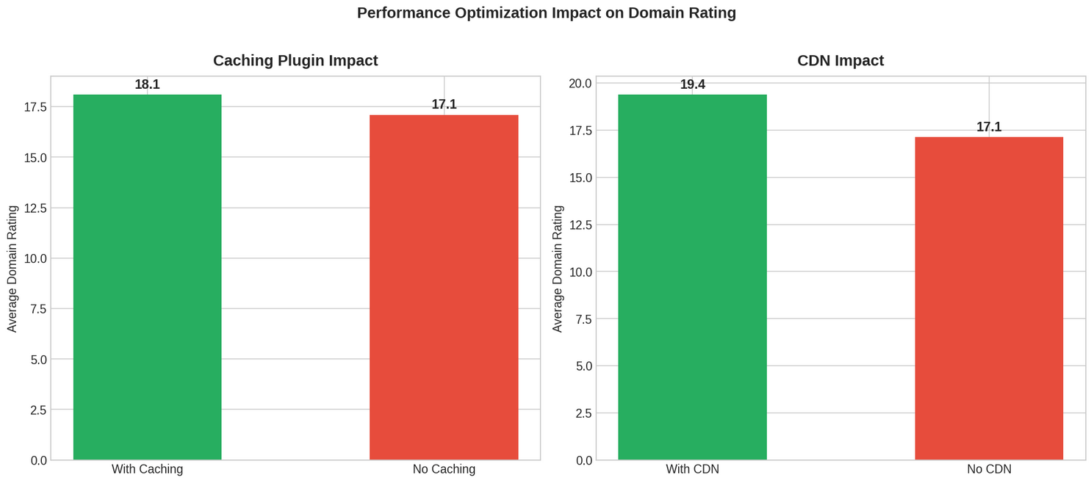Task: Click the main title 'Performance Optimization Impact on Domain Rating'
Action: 546,13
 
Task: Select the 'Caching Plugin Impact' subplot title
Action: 295,61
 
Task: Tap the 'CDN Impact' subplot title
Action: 840,61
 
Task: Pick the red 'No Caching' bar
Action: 444,287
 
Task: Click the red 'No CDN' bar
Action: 988,298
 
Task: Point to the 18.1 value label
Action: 147,84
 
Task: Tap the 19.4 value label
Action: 692,84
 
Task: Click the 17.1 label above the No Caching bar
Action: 444,104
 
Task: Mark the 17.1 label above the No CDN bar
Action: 988,127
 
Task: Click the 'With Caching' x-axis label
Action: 147,469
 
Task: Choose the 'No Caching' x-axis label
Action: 444,469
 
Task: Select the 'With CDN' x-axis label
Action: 692,469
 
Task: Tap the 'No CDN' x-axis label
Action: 988,469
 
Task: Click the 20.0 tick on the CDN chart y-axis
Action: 580,83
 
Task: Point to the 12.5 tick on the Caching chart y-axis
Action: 35,208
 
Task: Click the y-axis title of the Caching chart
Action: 12,268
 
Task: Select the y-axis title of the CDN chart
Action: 558,268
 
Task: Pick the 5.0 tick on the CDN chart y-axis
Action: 583,366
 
